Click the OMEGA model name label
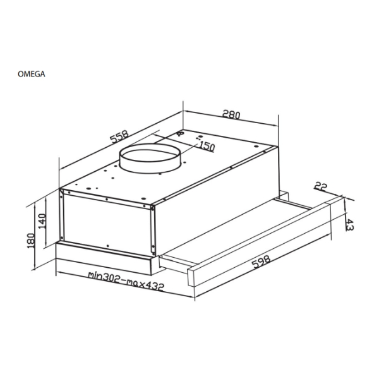[x=32, y=74]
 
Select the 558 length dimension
[x=119, y=137]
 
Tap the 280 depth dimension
[x=231, y=114]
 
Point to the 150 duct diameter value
[x=207, y=147]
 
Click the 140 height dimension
[x=42, y=221]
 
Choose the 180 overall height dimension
[x=31, y=241]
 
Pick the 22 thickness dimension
[x=321, y=186]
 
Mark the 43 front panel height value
[x=349, y=224]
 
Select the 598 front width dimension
[x=261, y=262]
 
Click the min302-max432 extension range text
[x=126, y=281]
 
